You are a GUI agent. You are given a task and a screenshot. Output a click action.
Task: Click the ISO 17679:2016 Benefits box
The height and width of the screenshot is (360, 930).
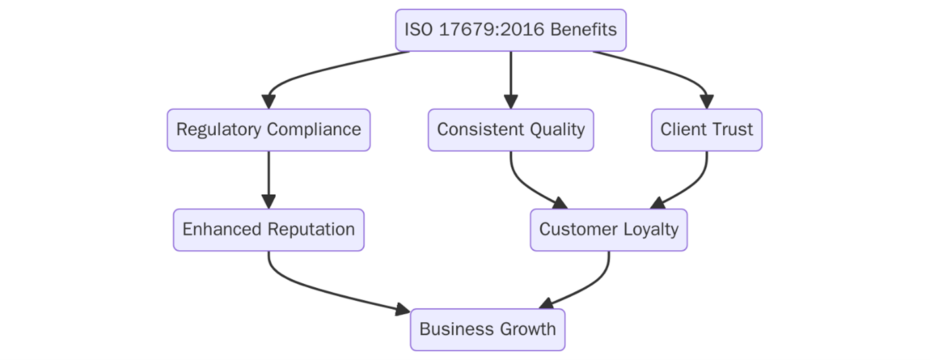pyautogui.click(x=511, y=30)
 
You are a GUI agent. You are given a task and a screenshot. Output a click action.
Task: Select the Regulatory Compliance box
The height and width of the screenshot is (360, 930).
pyautogui.click(x=268, y=129)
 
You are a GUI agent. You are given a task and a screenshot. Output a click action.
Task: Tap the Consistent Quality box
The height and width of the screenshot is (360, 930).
pyautogui.click(x=511, y=129)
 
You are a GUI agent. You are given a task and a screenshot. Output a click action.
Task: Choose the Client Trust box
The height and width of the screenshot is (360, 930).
pyautogui.click(x=706, y=129)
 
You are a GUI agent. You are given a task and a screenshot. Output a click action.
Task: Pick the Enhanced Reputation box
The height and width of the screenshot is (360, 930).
pyautogui.click(x=268, y=229)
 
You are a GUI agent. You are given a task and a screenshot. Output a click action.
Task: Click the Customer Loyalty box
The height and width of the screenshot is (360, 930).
pyautogui.click(x=608, y=229)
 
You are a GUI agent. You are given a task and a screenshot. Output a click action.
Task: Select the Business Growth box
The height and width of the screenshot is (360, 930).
pyautogui.click(x=487, y=329)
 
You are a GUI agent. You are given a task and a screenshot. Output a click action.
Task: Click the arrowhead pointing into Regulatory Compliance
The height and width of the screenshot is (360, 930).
pyautogui.click(x=268, y=102)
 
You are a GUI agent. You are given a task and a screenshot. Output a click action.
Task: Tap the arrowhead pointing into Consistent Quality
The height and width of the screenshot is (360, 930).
pyautogui.click(x=511, y=102)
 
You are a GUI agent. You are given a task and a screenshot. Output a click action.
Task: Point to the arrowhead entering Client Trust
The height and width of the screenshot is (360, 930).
pyautogui.click(x=706, y=102)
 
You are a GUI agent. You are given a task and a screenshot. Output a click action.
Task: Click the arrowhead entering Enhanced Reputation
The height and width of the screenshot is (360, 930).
pyautogui.click(x=268, y=202)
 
